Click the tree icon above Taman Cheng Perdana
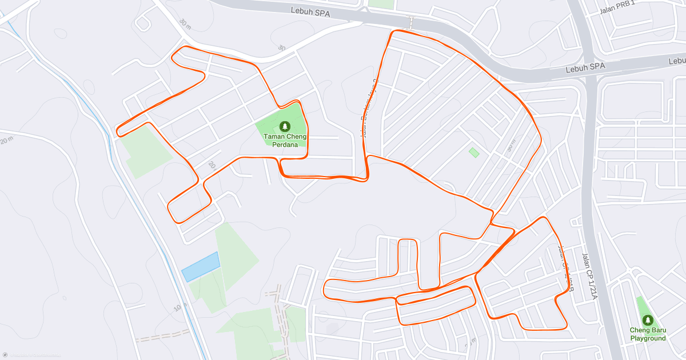click(284, 126)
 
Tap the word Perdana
click(284, 145)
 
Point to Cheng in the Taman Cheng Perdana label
click(297, 137)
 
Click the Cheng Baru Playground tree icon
click(648, 320)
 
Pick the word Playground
click(648, 338)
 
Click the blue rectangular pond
click(201, 266)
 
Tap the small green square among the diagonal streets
click(474, 153)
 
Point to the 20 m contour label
click(7, 140)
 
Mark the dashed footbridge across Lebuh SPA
click(409, 23)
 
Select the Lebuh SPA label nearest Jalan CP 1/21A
click(585, 67)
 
